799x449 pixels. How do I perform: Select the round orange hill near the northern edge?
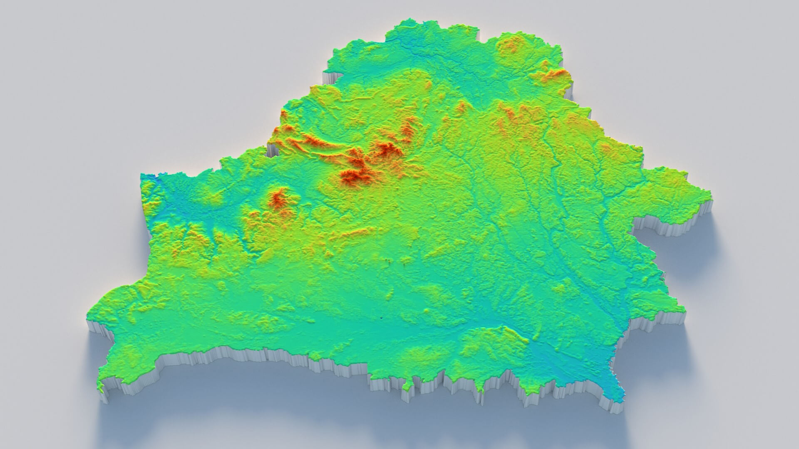[x=511, y=46]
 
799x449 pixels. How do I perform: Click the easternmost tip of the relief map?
[x=710, y=192]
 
